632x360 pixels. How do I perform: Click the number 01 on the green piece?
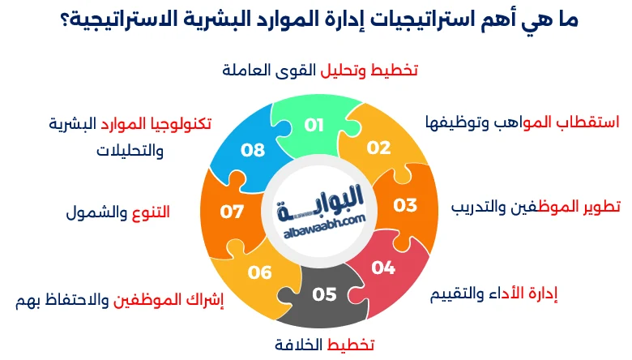(314, 125)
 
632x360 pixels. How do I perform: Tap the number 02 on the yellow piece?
(378, 148)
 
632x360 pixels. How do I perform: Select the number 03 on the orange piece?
(405, 204)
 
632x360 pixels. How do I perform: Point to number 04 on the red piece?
(383, 267)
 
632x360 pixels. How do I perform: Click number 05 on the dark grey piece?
(324, 294)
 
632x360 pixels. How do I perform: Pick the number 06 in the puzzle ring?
(260, 272)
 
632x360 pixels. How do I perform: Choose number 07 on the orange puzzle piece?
(233, 212)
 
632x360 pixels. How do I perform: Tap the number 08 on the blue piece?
(254, 150)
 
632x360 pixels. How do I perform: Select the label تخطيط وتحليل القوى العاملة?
(320, 71)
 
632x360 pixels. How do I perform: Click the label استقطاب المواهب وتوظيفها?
(522, 122)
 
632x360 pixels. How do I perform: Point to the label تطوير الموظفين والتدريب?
(536, 205)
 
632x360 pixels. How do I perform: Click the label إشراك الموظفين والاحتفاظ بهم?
(120, 301)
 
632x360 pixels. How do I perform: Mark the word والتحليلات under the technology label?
(130, 151)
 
